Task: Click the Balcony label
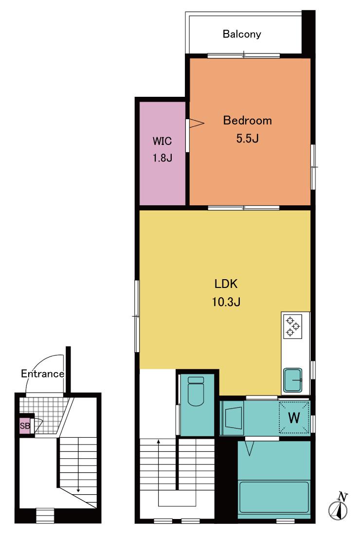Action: [241, 34]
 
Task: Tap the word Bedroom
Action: [247, 121]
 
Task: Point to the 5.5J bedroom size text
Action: [247, 138]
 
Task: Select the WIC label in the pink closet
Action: [162, 141]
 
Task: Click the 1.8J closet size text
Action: [162, 158]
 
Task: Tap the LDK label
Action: [226, 284]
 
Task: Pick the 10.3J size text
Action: [226, 302]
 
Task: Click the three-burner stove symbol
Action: [293, 326]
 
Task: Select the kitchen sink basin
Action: [292, 380]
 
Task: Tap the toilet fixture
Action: [196, 391]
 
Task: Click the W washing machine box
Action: [294, 417]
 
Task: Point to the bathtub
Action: [274, 497]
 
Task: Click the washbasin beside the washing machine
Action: [233, 418]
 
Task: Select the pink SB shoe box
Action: [24, 426]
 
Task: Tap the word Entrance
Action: [42, 374]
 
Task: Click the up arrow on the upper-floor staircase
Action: [158, 473]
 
